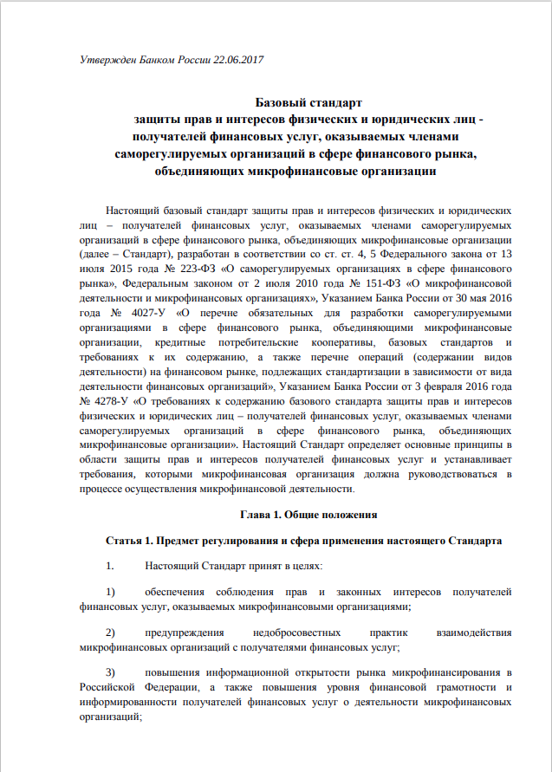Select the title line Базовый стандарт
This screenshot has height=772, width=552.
point(309,103)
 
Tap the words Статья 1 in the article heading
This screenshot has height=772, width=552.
point(128,542)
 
